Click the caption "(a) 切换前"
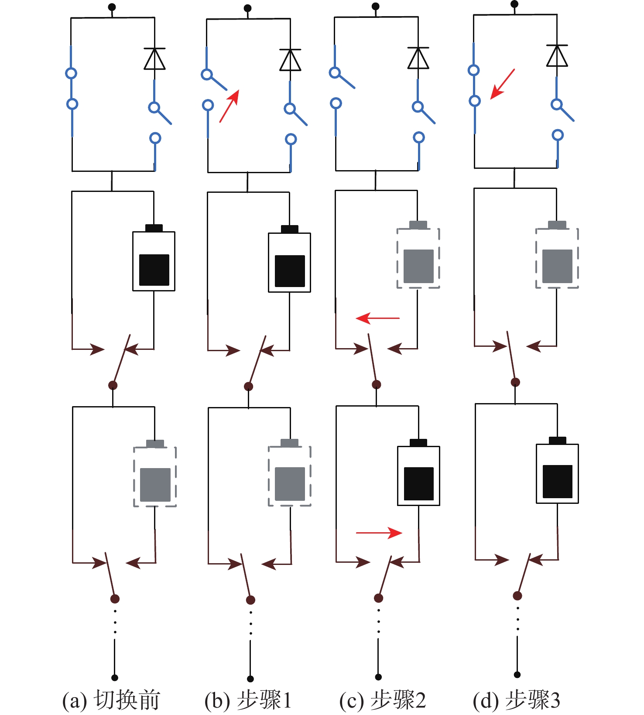111,700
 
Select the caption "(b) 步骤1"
247,700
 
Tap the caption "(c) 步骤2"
382,700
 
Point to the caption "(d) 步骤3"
516,700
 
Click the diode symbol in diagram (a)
154,59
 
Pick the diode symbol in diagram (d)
557,56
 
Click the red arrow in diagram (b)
230,106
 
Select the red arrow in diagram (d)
503,84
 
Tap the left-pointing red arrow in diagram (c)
377,318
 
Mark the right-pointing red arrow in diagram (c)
379,533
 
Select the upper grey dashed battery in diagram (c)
418,257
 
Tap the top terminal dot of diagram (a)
112,7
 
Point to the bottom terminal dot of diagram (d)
517,675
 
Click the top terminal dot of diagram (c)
375,7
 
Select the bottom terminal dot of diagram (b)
250,679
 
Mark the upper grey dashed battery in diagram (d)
557,257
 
